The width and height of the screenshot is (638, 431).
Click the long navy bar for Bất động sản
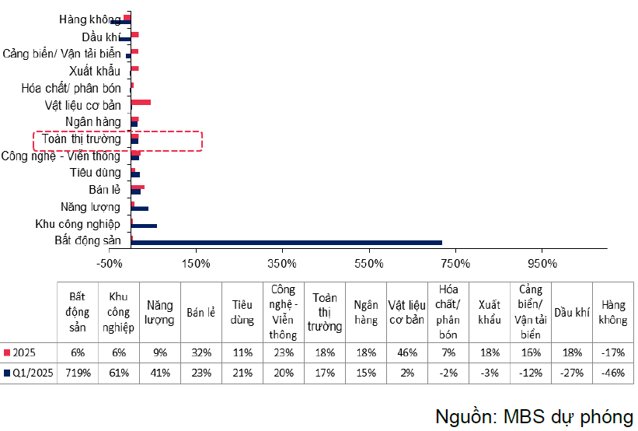tap(287, 243)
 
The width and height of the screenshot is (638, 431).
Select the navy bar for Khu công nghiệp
tap(145, 226)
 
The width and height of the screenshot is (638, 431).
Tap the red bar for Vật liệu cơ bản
tap(141, 102)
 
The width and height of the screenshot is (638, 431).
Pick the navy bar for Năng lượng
tap(140, 208)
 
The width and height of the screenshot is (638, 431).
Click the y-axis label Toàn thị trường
tap(82, 140)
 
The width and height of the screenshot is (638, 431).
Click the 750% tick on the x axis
tap(455, 263)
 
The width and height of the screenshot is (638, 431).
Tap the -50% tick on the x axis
tap(109, 263)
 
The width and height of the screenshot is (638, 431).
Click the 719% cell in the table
tap(77, 372)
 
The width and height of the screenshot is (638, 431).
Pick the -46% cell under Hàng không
tap(613, 372)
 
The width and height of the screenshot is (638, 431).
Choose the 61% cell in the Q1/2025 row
tap(118, 372)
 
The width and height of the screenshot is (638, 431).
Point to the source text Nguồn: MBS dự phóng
tap(534, 414)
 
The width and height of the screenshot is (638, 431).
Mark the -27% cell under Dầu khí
tap(572, 372)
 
